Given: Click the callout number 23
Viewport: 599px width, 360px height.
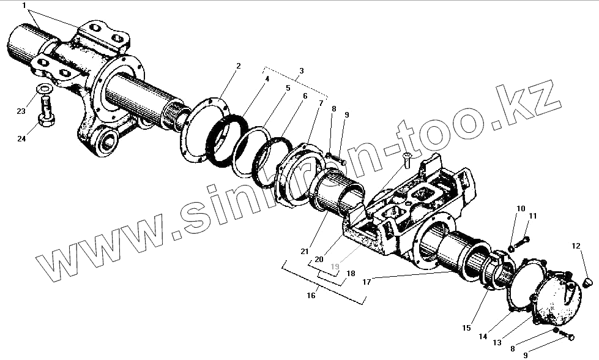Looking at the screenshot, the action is point(21,111).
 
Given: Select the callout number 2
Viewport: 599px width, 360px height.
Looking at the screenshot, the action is point(238,66).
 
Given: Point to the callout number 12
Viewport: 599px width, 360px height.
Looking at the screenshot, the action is point(576,246).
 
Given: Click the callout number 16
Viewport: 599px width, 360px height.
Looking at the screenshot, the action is point(311,295).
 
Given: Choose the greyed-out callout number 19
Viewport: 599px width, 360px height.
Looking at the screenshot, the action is point(335,266).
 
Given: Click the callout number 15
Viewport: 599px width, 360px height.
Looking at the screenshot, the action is point(467,328).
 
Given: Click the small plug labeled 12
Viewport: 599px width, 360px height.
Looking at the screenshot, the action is point(588,282).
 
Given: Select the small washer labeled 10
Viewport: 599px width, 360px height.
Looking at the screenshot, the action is point(512,250).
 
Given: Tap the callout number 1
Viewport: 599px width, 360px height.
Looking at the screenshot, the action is point(24,6).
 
